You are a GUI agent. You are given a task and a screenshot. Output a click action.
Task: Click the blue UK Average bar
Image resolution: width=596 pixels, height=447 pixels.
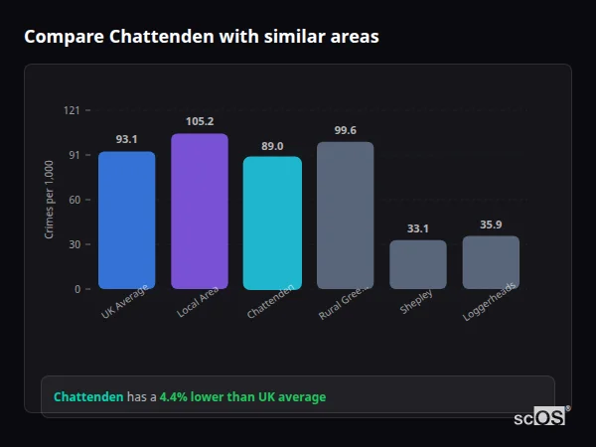pos(126,221)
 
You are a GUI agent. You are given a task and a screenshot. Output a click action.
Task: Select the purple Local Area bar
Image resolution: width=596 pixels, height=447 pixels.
pos(200,212)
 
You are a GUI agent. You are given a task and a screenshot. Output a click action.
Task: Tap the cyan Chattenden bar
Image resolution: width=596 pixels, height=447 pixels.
pos(272,223)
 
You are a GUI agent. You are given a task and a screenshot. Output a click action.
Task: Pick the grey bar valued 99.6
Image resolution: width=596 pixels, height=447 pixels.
pos(345,216)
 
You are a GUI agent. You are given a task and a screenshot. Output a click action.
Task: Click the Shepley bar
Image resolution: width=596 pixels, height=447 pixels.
pos(418,264)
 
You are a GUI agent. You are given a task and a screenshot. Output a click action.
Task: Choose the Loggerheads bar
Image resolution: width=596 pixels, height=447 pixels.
pos(491,262)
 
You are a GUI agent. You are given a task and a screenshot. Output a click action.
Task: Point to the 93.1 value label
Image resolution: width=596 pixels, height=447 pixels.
pos(126,139)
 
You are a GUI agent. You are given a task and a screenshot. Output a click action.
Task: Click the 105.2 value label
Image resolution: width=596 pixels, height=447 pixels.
pos(200,121)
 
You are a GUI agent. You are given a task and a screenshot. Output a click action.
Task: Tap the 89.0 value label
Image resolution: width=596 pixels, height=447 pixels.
pos(272,145)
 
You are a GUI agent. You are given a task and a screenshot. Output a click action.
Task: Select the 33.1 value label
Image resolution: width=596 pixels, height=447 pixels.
pos(418,228)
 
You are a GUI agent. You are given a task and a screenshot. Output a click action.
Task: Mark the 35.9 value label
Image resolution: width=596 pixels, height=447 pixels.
pos(491,224)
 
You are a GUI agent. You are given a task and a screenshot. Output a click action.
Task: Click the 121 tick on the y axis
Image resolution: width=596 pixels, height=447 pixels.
pos(72,110)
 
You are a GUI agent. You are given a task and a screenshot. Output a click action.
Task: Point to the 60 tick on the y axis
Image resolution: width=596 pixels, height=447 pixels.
pos(74,200)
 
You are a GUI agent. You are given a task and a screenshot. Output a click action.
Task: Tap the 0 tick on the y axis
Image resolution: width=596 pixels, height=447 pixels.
pos(77,289)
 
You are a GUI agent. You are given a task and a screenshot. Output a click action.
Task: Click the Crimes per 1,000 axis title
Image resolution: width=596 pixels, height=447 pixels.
pos(50,200)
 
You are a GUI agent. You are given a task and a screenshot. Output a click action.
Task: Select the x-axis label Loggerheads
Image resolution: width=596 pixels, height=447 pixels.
pos(487,303)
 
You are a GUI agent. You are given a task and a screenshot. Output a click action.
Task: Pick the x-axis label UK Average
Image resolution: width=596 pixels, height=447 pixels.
pos(124,302)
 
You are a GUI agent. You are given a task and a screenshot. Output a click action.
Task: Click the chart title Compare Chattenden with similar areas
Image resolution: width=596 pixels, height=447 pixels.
pos(201,37)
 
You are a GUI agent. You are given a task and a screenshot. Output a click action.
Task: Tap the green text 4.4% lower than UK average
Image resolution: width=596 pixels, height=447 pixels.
pos(242,397)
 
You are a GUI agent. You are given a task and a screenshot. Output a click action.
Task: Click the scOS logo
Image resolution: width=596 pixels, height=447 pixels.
pos(539,418)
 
